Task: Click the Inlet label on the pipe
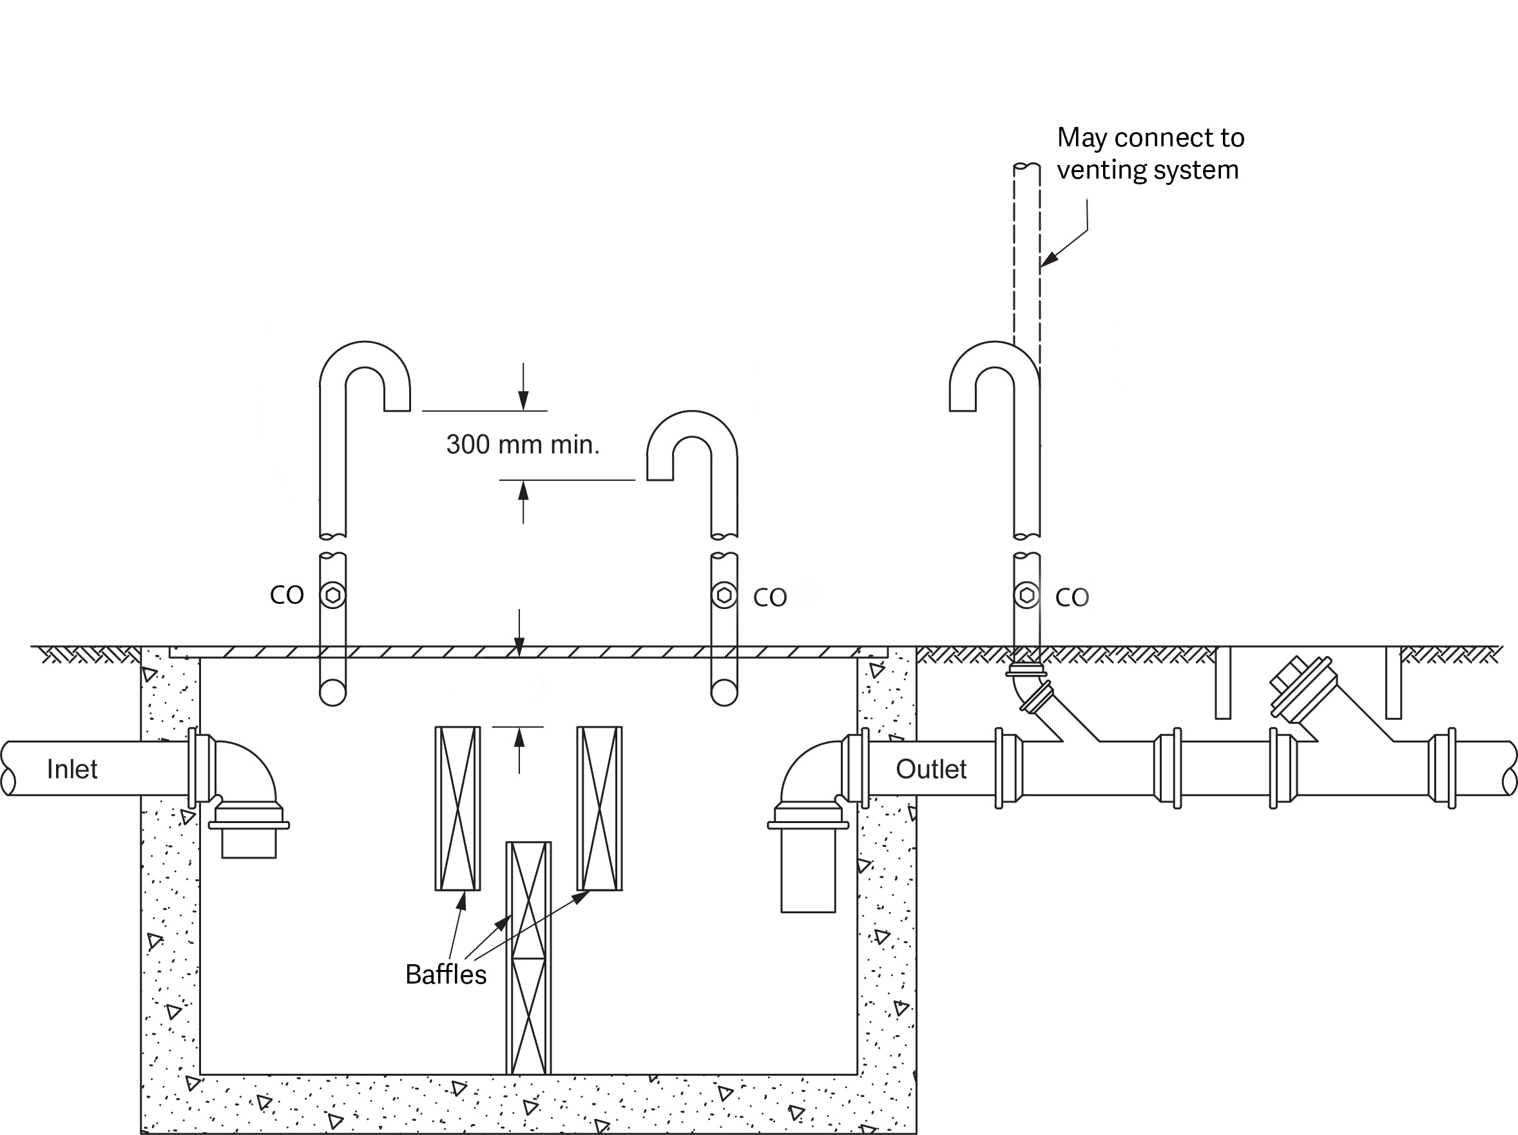(72, 769)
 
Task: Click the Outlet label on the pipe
(930, 769)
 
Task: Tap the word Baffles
(445, 975)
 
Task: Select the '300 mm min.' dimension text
(523, 445)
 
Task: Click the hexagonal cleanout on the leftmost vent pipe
(333, 595)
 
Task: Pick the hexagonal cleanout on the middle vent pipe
(724, 595)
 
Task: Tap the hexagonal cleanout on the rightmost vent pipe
(1026, 595)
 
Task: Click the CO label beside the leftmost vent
(286, 596)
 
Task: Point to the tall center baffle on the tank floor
(528, 958)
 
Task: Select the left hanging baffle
(457, 808)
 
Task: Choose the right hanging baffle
(600, 808)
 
